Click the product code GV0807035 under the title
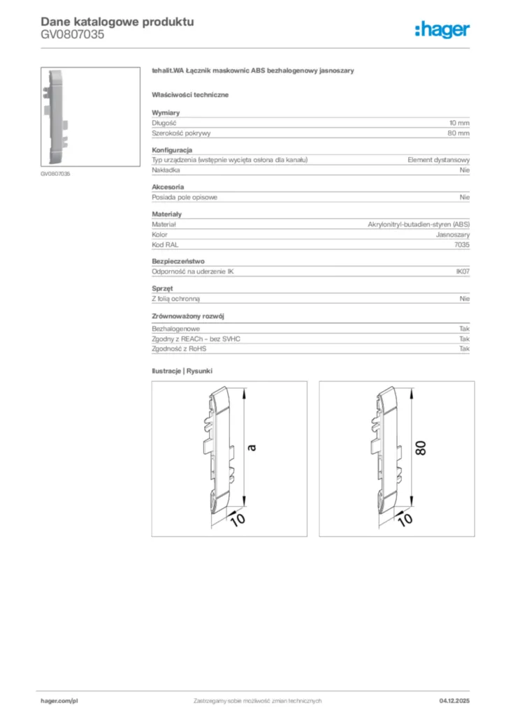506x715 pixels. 72,34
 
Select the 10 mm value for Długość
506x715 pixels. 459,123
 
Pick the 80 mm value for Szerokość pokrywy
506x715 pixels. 458,133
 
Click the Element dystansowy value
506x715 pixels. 438,160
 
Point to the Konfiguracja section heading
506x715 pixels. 172,150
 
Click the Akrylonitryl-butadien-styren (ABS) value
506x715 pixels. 419,224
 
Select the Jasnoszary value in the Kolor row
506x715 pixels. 453,235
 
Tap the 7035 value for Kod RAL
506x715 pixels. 461,244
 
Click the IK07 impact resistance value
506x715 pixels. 462,272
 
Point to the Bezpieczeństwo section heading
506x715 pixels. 178,261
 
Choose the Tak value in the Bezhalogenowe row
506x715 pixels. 465,328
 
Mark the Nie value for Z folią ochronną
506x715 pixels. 465,298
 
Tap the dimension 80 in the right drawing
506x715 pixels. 421,448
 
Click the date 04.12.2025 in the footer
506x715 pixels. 454,700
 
